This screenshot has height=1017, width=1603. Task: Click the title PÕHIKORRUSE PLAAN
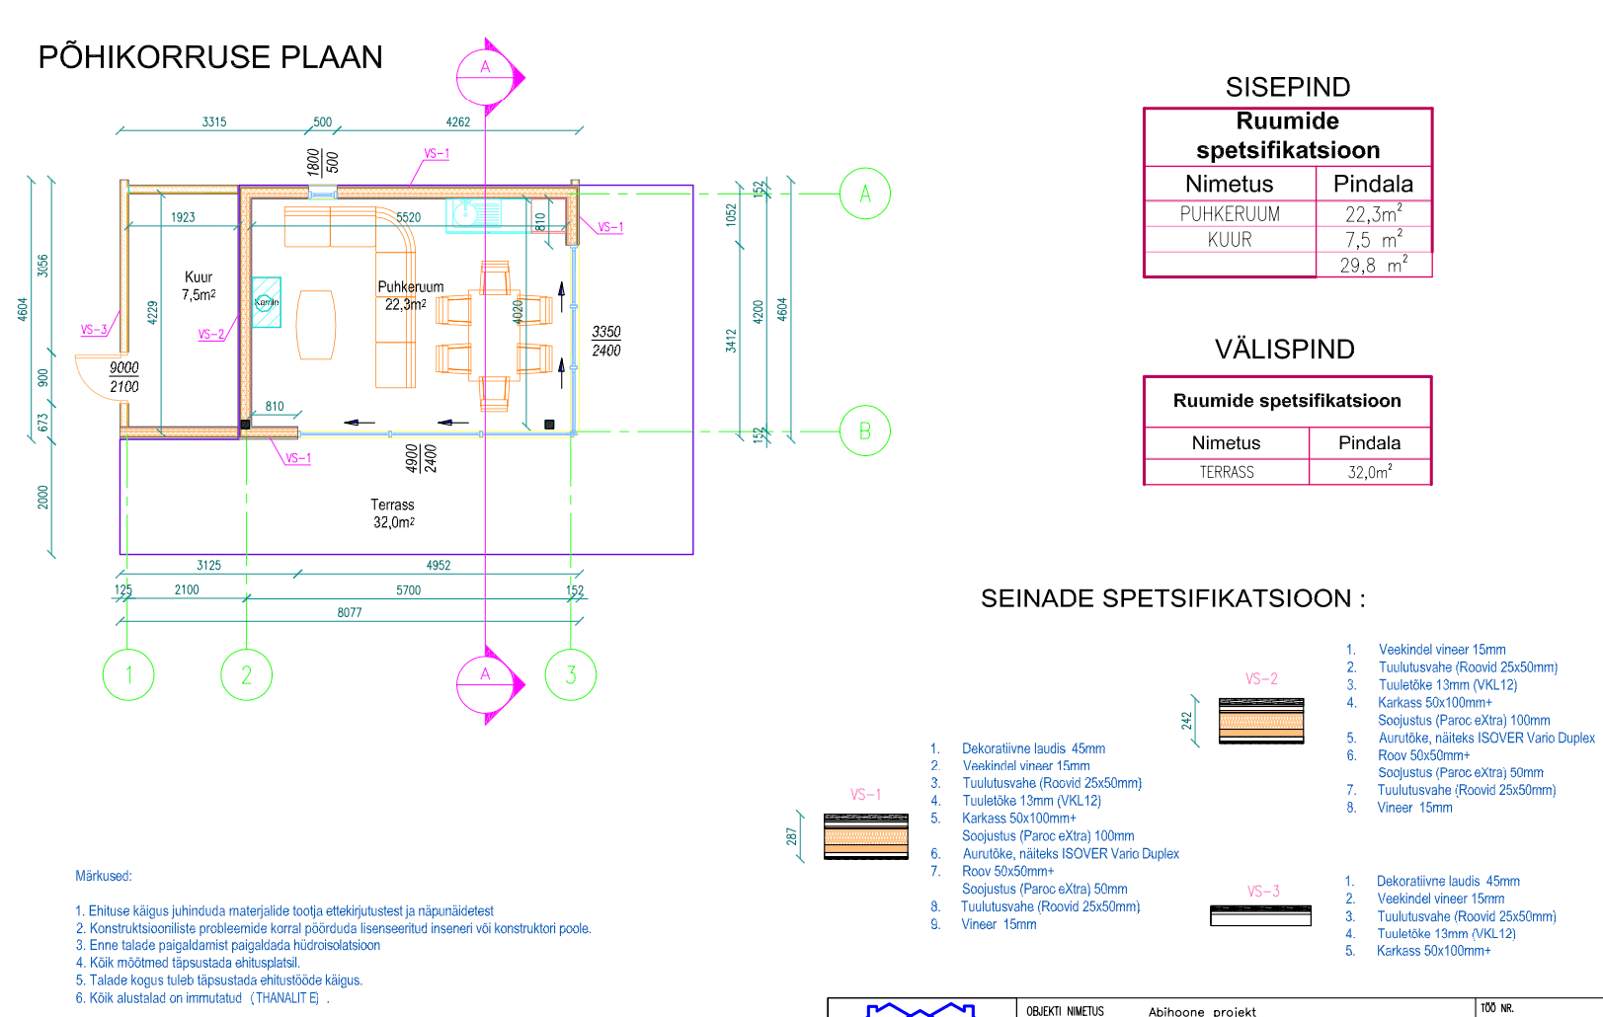coord(210,57)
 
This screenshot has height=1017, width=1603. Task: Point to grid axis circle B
coord(864,431)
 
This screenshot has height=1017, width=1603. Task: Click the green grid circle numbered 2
coord(246,675)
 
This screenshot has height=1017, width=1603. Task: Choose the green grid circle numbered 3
coord(570,675)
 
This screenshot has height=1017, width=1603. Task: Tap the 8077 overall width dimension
coord(350,613)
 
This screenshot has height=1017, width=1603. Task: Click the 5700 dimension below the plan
coord(408,590)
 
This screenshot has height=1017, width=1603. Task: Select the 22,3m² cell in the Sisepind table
coord(1373,214)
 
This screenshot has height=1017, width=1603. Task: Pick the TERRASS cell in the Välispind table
coord(1227,473)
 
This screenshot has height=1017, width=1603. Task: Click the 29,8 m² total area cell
coord(1373,266)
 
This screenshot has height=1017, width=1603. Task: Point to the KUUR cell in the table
coord(1230,240)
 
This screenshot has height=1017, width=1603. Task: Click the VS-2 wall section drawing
coord(1261,721)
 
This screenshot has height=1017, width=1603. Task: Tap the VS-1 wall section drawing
coord(866,836)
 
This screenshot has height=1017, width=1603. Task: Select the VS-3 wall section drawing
coord(1260,915)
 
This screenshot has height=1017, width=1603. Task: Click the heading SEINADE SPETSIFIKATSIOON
coord(1173,598)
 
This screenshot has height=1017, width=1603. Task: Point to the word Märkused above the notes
coord(104,876)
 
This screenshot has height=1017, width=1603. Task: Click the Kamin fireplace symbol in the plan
coord(266,302)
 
